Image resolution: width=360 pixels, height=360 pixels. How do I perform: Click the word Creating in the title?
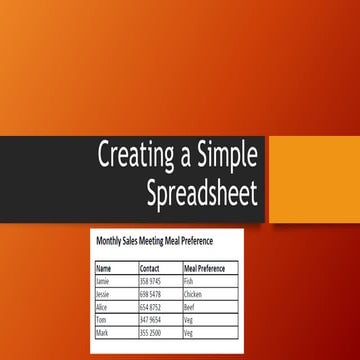(x=129, y=155)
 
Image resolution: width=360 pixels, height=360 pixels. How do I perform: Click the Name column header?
(x=103, y=269)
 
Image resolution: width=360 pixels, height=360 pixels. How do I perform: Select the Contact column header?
(x=150, y=269)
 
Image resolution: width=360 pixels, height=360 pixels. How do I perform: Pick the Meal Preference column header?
(x=205, y=269)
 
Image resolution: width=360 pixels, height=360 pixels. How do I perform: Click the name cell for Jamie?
(x=103, y=282)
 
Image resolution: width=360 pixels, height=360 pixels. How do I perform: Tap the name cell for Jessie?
(x=103, y=295)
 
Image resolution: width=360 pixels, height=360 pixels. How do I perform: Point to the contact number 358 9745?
(x=151, y=282)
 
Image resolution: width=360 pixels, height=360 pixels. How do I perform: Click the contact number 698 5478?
(x=151, y=295)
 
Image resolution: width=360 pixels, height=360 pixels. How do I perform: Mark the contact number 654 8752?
(x=151, y=308)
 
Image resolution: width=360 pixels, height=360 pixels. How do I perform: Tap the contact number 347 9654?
(x=151, y=320)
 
